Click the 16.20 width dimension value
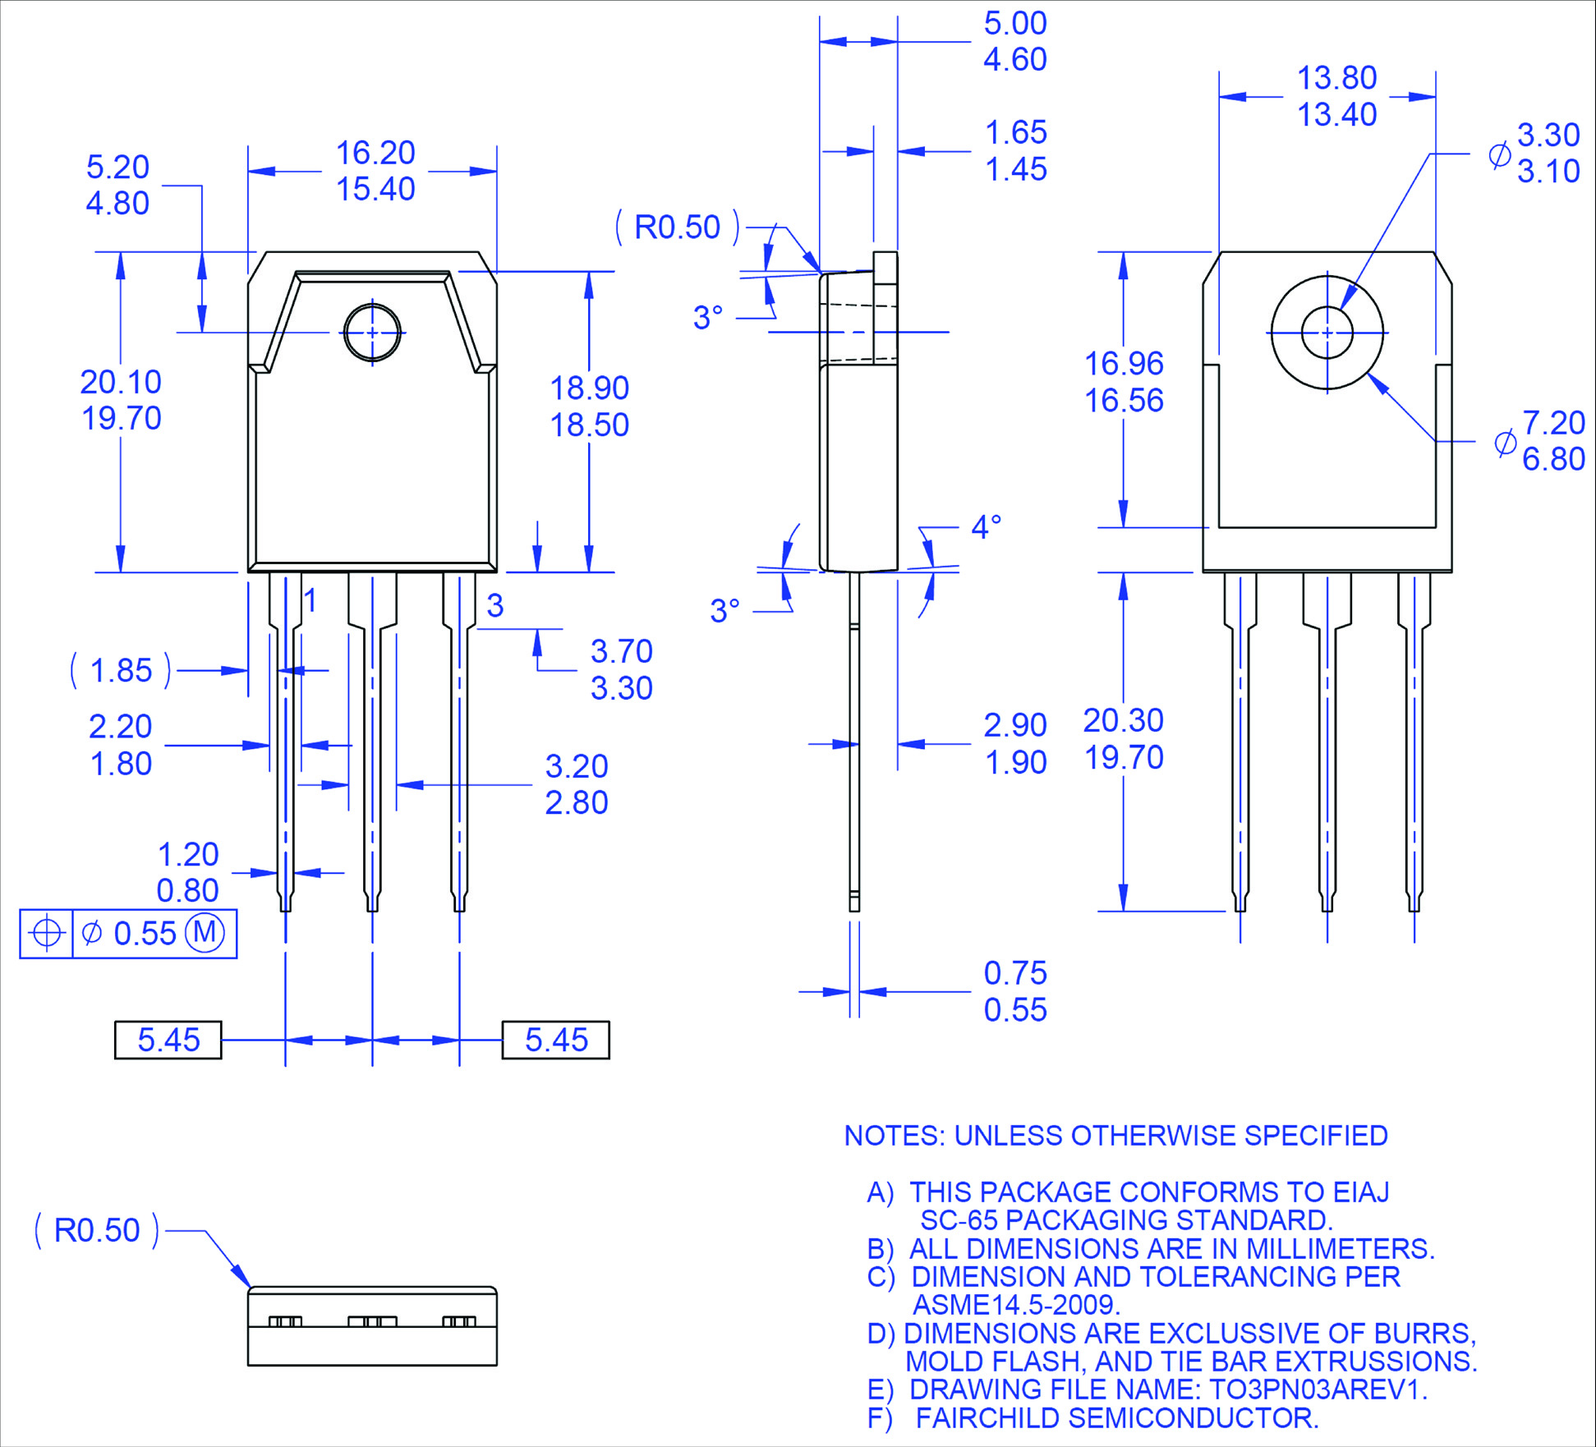375,153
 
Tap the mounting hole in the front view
372,333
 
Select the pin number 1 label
310,600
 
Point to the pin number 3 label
494,605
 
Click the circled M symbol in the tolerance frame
205,932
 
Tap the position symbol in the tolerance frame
46,933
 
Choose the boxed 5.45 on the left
168,1040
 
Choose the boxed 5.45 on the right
556,1040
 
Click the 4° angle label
986,526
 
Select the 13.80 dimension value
1336,78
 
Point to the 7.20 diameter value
1553,423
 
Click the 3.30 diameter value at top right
1548,135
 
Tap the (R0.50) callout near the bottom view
97,1230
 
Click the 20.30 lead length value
1123,720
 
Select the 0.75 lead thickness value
1015,973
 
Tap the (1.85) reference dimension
121,670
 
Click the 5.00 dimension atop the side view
1015,23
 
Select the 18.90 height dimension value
589,388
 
